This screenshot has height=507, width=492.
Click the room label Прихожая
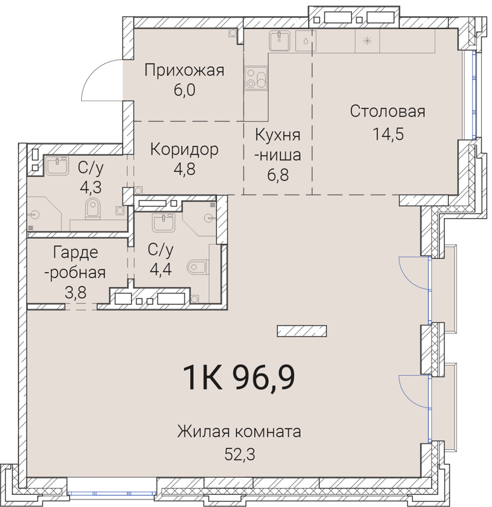click(x=184, y=70)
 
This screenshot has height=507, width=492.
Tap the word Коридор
click(x=184, y=150)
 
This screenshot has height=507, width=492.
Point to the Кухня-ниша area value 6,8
click(x=276, y=174)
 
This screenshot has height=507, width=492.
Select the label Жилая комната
click(x=238, y=432)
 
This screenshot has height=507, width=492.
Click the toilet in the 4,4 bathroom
click(x=198, y=267)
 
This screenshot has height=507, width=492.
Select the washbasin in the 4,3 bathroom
click(x=58, y=167)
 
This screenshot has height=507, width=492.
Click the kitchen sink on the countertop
click(x=280, y=41)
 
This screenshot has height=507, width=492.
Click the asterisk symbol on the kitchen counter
click(x=366, y=41)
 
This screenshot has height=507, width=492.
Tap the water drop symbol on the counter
click(x=306, y=41)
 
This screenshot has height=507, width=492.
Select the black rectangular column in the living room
click(x=302, y=331)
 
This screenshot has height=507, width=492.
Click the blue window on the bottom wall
click(x=112, y=492)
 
